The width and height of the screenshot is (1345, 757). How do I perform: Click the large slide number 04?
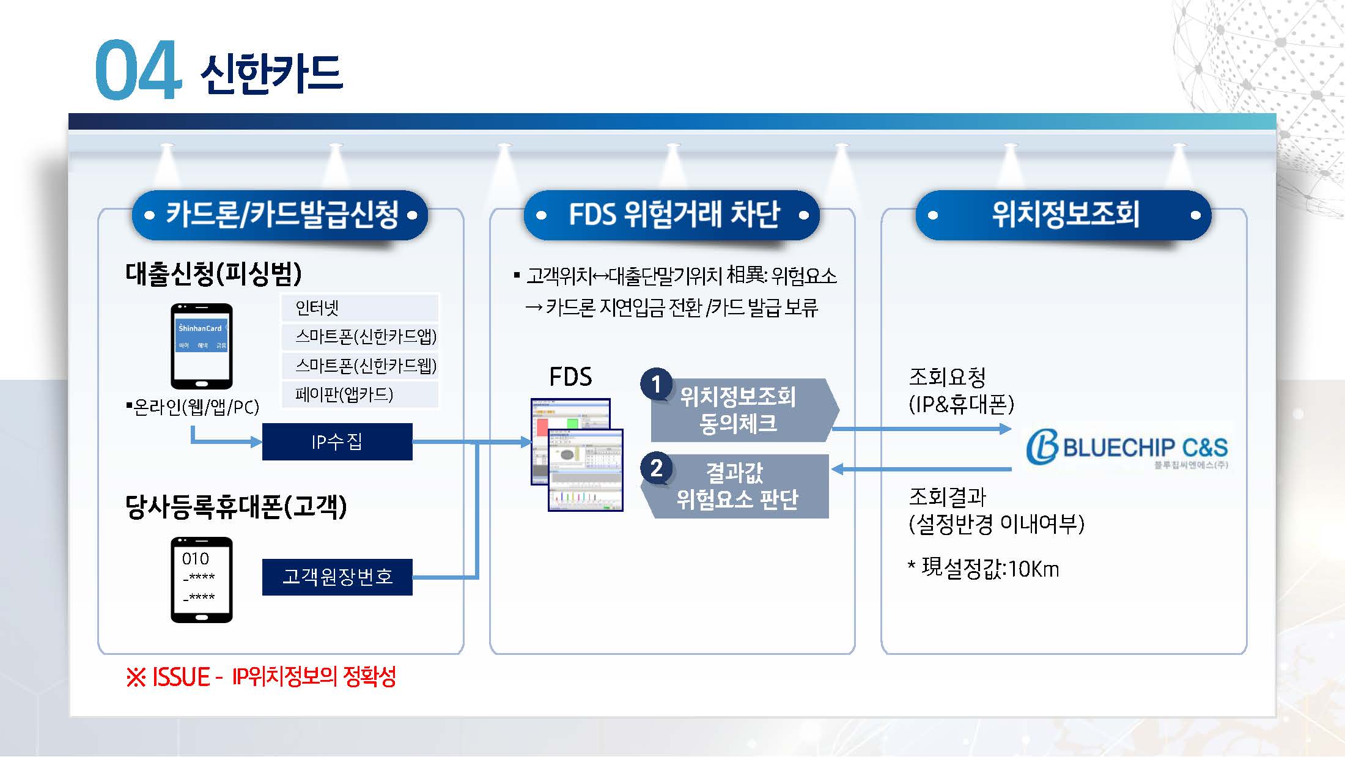click(138, 70)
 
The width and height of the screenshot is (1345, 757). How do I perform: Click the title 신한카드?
click(271, 75)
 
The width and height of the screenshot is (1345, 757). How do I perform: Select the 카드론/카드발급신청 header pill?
click(281, 215)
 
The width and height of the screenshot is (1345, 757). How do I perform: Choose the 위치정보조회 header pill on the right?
click(1064, 215)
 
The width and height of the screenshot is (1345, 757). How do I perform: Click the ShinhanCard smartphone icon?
click(201, 346)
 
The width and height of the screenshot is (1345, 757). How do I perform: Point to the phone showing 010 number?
click(201, 580)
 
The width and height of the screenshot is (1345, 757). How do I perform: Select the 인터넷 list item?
click(359, 308)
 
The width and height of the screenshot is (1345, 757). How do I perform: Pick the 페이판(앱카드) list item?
click(359, 394)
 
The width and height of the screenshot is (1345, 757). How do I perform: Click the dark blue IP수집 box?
click(337, 441)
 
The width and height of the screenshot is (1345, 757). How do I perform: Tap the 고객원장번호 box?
click(337, 577)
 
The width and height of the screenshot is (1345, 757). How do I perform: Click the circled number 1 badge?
click(656, 384)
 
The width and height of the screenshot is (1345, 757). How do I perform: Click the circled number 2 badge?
click(656, 468)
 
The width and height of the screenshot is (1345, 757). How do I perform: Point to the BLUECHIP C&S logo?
click(1127, 448)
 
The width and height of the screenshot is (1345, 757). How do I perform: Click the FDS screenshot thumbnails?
click(577, 454)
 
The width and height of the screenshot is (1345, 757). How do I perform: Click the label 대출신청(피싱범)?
click(213, 274)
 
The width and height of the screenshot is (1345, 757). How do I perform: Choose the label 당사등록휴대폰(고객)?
click(236, 507)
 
